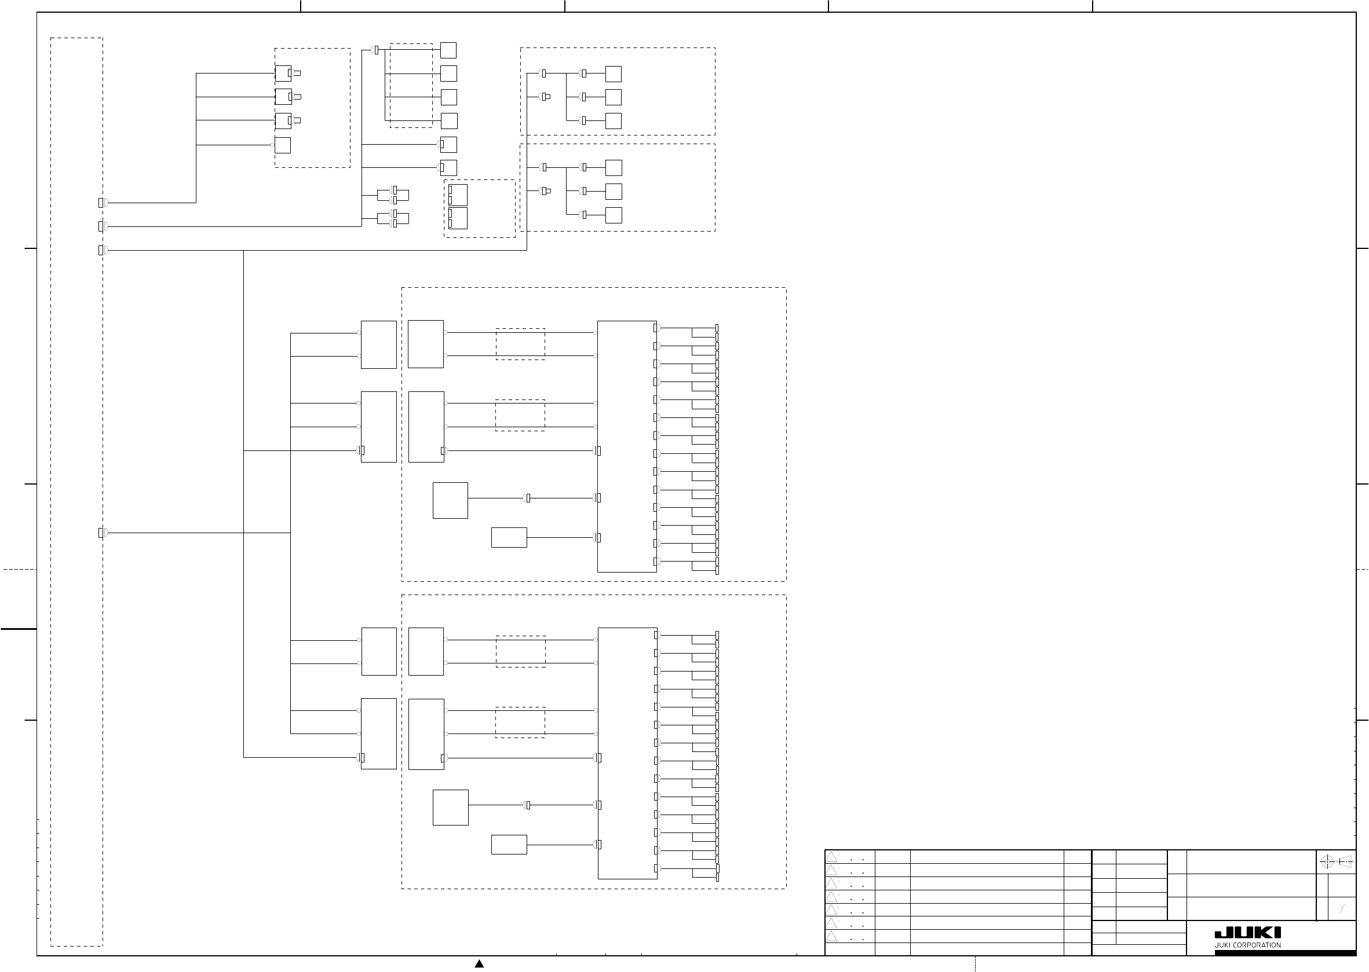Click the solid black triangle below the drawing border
pyautogui.click(x=479, y=964)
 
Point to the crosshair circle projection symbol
pyautogui.click(x=1327, y=863)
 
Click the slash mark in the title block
pyautogui.click(x=1342, y=909)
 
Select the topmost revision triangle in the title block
pyautogui.click(x=831, y=857)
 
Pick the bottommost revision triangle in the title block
pyautogui.click(x=831, y=936)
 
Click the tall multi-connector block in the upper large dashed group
pyautogui.click(x=627, y=446)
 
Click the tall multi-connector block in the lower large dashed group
pyautogui.click(x=627, y=754)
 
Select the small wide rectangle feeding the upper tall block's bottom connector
pyautogui.click(x=509, y=537)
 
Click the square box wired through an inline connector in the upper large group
pyautogui.click(x=450, y=500)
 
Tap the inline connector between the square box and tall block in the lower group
pyautogui.click(x=527, y=805)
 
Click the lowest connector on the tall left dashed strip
pyautogui.click(x=103, y=533)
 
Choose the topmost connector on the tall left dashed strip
pyautogui.click(x=103, y=203)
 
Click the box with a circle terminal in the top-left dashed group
pyautogui.click(x=283, y=145)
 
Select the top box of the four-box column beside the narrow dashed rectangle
pyautogui.click(x=448, y=50)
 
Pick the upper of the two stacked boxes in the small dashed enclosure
pyautogui.click(x=458, y=195)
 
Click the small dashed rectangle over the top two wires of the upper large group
pyautogui.click(x=520, y=344)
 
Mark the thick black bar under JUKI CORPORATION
pyautogui.click(x=1285, y=953)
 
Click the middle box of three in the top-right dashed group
pyautogui.click(x=613, y=97)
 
